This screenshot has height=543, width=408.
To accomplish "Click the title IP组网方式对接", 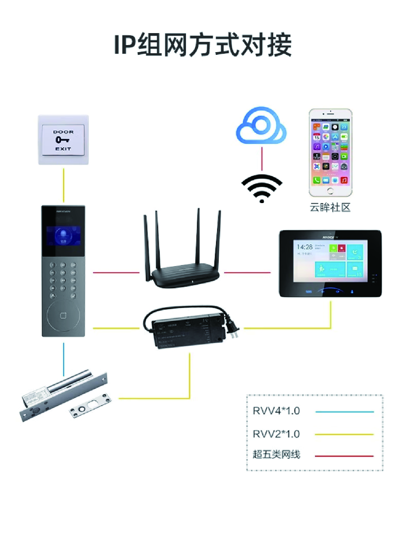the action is click(x=203, y=45).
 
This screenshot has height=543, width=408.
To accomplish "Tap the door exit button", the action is click(x=63, y=140).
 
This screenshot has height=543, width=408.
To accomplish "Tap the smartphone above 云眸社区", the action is click(x=330, y=153).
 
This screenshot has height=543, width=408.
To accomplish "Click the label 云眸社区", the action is click(x=330, y=207).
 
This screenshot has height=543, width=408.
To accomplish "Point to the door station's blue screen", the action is click(x=64, y=237).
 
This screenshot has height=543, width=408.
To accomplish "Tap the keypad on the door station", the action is click(x=64, y=279).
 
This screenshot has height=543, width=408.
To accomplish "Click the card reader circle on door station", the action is click(x=64, y=313).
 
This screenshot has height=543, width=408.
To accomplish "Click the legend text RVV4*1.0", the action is click(x=276, y=411).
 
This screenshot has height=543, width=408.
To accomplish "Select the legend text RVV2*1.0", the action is click(x=276, y=434).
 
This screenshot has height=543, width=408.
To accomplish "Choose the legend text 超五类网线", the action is click(x=276, y=455).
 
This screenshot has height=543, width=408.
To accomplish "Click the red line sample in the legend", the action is click(x=344, y=456).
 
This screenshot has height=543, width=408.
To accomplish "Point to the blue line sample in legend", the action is click(x=344, y=412).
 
